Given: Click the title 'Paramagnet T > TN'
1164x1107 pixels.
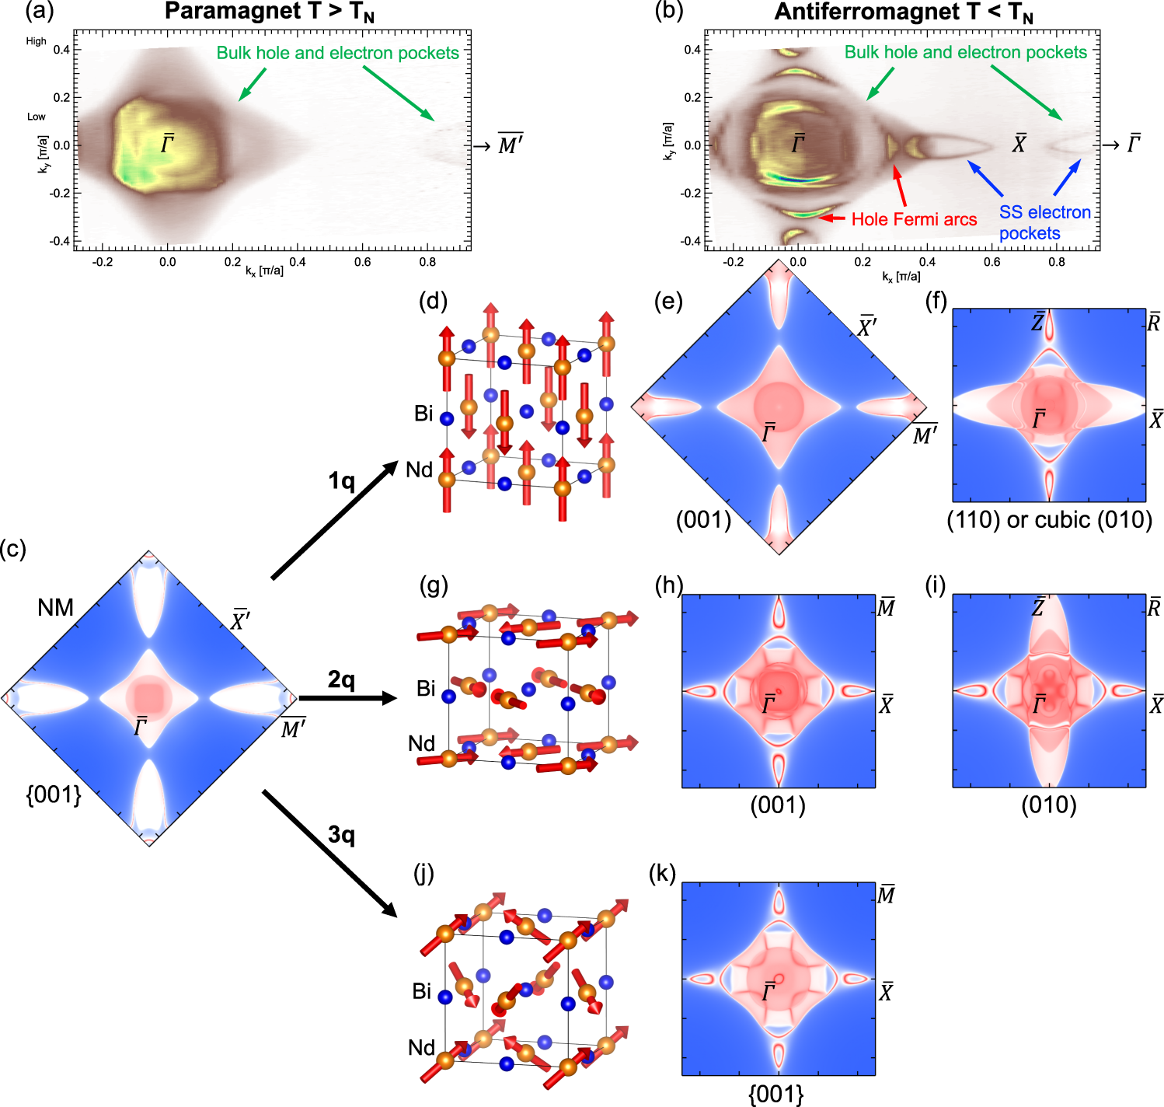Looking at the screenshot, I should click(269, 12).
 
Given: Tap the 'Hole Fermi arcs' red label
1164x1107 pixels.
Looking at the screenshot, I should click(914, 220).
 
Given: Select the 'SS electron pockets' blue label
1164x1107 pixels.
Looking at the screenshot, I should click(1044, 222).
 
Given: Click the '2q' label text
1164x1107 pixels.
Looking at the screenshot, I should click(341, 680).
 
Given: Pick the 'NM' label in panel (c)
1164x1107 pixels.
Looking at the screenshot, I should click(55, 607).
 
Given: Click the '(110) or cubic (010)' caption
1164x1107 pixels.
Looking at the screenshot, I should click(1049, 519).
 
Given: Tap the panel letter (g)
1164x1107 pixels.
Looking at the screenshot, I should click(433, 585).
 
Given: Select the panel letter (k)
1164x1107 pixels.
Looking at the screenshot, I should click(662, 874).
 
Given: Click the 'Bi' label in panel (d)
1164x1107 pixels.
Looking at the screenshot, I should click(423, 414).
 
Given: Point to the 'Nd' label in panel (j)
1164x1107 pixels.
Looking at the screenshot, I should click(421, 1048).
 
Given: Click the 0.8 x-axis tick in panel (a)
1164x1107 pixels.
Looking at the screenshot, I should click(427, 262).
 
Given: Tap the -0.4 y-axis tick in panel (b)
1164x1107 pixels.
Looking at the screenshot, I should click(691, 241).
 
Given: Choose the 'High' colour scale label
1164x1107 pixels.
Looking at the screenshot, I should click(36, 41).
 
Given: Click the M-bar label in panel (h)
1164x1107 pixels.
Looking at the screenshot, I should click(886, 607).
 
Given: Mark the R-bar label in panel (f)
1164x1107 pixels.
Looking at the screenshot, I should click(1154, 322).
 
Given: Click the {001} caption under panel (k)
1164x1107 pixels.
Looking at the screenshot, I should click(775, 1095).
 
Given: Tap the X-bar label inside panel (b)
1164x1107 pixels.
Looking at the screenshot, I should click(1019, 144).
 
